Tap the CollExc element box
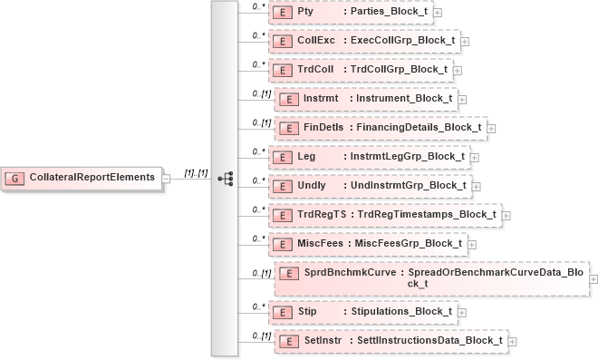click(363, 41)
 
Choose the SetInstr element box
click(391, 341)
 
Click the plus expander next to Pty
click(438, 13)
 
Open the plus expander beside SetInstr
click(513, 341)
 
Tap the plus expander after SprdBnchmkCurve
click(593, 278)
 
